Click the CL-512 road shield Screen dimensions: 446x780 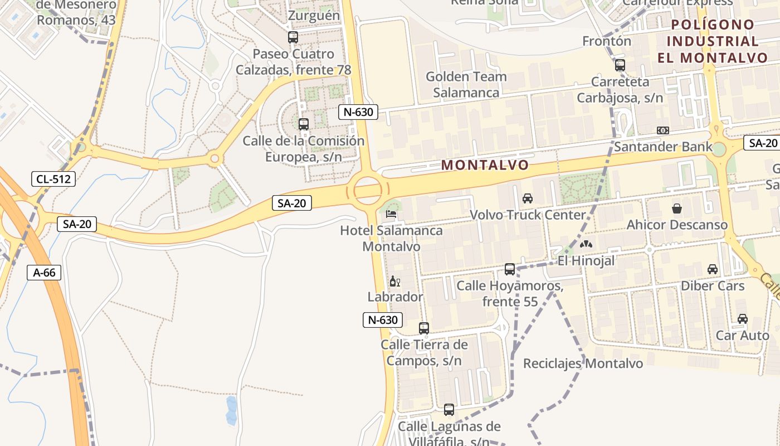[53, 179]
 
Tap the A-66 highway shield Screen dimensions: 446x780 [44, 272]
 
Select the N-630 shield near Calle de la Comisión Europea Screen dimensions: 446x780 [358, 112]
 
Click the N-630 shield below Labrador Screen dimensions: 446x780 [382, 320]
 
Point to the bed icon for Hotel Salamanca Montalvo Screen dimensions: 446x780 [392, 214]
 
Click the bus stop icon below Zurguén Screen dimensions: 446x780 [292, 37]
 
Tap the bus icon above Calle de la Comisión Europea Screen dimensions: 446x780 [304, 124]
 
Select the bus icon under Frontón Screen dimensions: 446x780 [620, 65]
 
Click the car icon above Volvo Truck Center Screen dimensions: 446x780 [528, 198]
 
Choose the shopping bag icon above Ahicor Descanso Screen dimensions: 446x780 [677, 209]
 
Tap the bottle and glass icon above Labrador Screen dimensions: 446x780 [395, 281]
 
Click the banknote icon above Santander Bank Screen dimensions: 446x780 [663, 130]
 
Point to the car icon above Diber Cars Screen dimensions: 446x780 [713, 269]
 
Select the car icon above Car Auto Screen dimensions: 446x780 [743, 319]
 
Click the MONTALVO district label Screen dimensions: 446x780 [485, 165]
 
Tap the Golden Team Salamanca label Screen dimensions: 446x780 [466, 84]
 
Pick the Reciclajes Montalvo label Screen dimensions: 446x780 [583, 363]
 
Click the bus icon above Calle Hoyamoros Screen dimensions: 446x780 [510, 269]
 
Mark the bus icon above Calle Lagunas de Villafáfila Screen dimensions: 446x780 [449, 410]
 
